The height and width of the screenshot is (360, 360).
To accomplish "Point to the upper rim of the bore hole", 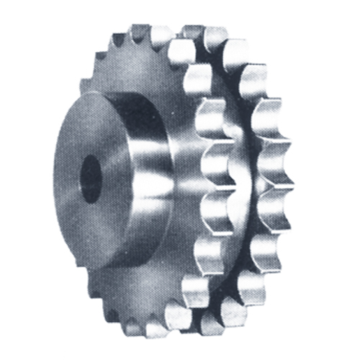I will pos(93,155).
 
